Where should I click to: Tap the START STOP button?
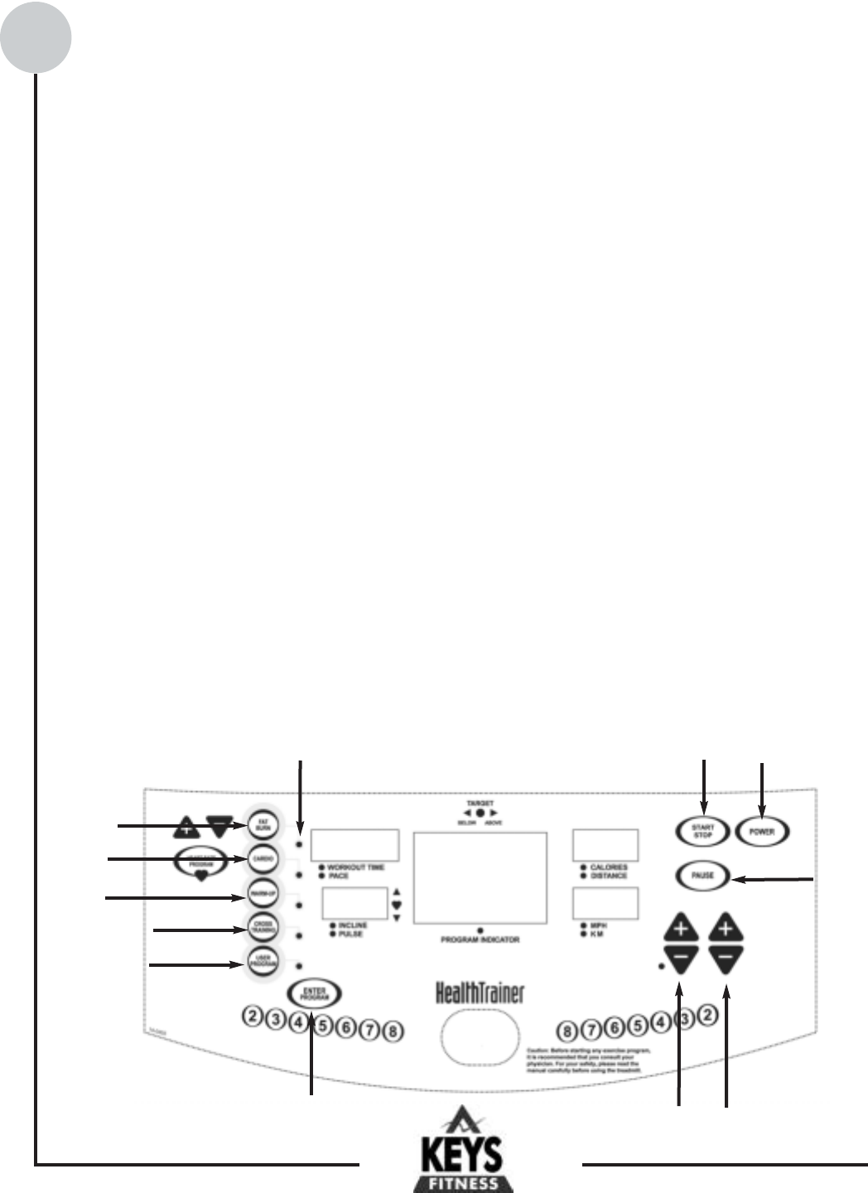pyautogui.click(x=702, y=831)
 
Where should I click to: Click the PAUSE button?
pyautogui.click(x=702, y=875)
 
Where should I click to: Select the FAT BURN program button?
pyautogui.click(x=263, y=825)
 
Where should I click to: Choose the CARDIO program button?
pyautogui.click(x=263, y=859)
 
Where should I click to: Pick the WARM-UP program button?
pyautogui.click(x=263, y=893)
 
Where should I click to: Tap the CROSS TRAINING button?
pyautogui.click(x=263, y=929)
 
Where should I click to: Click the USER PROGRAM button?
pyautogui.click(x=263, y=962)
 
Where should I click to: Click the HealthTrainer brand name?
pyautogui.click(x=480, y=993)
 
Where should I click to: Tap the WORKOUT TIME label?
pyautogui.click(x=355, y=867)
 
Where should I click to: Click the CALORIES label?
pyautogui.click(x=609, y=867)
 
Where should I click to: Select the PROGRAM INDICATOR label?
pyautogui.click(x=480, y=940)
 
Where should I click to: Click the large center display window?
pyautogui.click(x=480, y=878)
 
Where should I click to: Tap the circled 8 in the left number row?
pyautogui.click(x=393, y=1031)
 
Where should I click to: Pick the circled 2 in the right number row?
pyautogui.click(x=706, y=1014)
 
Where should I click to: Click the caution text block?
pyautogui.click(x=588, y=1060)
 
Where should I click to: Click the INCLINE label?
pyautogui.click(x=353, y=925)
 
